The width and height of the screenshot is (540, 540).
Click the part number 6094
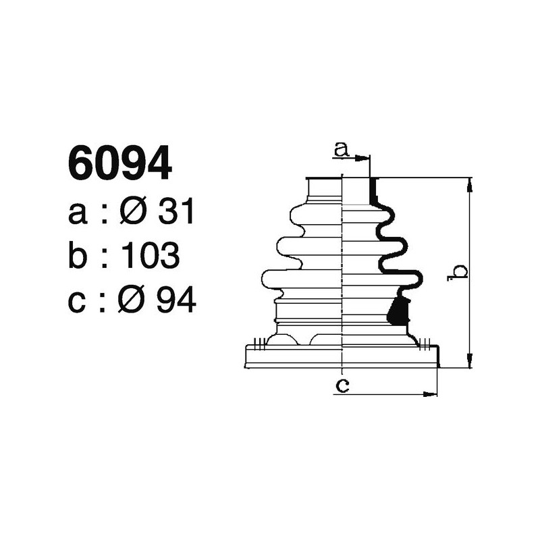(x=119, y=165)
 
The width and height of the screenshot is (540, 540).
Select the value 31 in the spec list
(x=175, y=213)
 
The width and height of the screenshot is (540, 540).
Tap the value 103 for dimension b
(x=151, y=256)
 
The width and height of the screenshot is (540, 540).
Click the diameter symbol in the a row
(x=134, y=213)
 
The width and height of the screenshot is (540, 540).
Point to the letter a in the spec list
(x=79, y=215)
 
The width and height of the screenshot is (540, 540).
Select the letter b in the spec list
(x=79, y=256)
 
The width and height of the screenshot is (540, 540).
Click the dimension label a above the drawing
(x=342, y=150)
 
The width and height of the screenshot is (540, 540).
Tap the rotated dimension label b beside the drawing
(x=459, y=271)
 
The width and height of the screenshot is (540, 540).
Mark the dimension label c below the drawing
(x=343, y=385)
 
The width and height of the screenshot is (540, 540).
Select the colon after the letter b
(x=102, y=258)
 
